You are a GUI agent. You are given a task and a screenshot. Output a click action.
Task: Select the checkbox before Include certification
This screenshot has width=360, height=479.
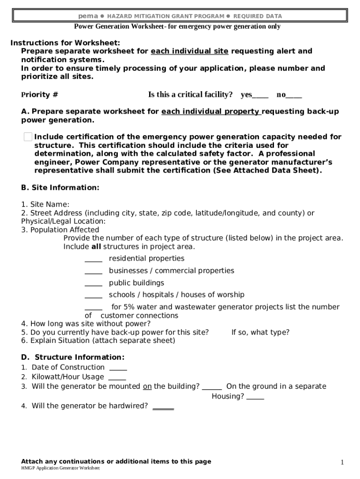tap(28, 137)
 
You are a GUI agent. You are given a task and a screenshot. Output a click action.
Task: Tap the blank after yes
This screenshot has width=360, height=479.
tap(260, 95)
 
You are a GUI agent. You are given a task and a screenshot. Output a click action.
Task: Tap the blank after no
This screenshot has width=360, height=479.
tap(294, 95)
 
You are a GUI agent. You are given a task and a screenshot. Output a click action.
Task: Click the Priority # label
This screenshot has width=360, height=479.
tap(40, 95)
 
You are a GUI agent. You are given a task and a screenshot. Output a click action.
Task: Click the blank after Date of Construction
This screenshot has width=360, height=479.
tap(118, 368)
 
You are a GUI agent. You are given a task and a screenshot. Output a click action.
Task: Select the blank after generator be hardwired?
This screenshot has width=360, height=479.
tap(163, 407)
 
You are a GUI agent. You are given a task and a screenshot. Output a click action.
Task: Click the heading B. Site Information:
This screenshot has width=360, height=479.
tap(60, 188)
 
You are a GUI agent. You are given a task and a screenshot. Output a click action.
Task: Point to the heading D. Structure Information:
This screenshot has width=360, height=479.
tap(73, 357)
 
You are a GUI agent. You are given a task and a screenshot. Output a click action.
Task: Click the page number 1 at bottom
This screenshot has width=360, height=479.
tap(342, 463)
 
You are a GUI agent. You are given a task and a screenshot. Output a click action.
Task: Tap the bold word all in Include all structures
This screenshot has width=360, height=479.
tap(96, 247)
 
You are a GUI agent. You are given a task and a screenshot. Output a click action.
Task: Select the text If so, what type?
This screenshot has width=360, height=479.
tap(260, 333)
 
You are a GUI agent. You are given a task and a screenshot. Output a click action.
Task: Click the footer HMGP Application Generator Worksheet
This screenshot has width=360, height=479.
tap(60, 468)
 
